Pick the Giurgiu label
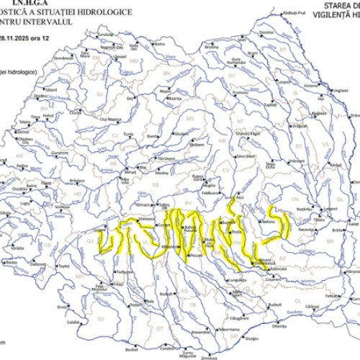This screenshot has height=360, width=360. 251,338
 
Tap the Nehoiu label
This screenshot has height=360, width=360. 269,222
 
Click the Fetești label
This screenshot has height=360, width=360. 332,295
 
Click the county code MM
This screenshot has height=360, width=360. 134,62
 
